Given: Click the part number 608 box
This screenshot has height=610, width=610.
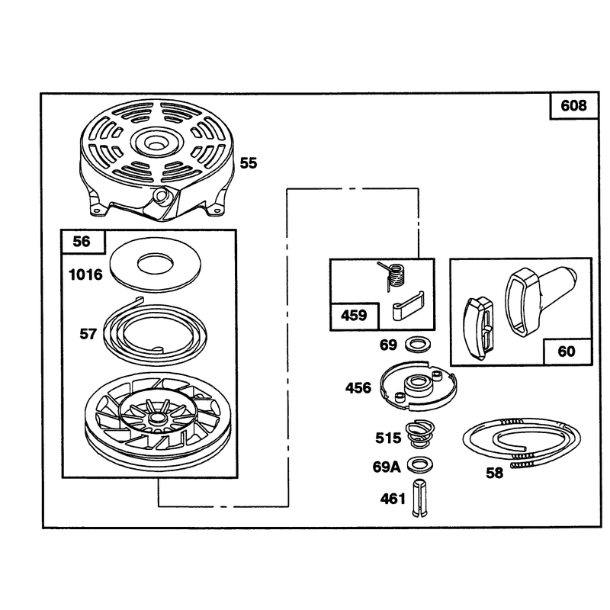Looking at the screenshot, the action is coord(574,106).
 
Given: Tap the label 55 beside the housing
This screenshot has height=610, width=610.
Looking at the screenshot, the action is coord(249,163).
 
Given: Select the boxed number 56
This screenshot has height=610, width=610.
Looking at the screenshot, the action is coord(82,242).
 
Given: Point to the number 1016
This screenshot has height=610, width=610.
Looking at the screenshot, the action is coord(85,275).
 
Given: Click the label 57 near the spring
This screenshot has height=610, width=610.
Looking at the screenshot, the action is coord(88,334).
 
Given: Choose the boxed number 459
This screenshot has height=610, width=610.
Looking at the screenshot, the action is coord(354,316).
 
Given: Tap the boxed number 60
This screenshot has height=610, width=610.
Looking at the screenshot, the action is coord(567,352).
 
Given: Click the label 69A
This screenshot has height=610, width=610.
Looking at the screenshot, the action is coord(387,467).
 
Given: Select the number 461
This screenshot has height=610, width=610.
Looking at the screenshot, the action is coord(393,499).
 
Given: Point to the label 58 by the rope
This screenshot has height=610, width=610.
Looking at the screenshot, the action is coord(494,474).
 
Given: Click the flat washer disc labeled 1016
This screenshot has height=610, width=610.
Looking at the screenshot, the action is coord(156,278).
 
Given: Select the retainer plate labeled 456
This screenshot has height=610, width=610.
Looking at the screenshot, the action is coord(418,385).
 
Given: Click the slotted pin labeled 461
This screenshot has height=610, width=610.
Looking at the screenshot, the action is coord(419,499).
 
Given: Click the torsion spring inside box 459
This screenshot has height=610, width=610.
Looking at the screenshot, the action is coord(393,275).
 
